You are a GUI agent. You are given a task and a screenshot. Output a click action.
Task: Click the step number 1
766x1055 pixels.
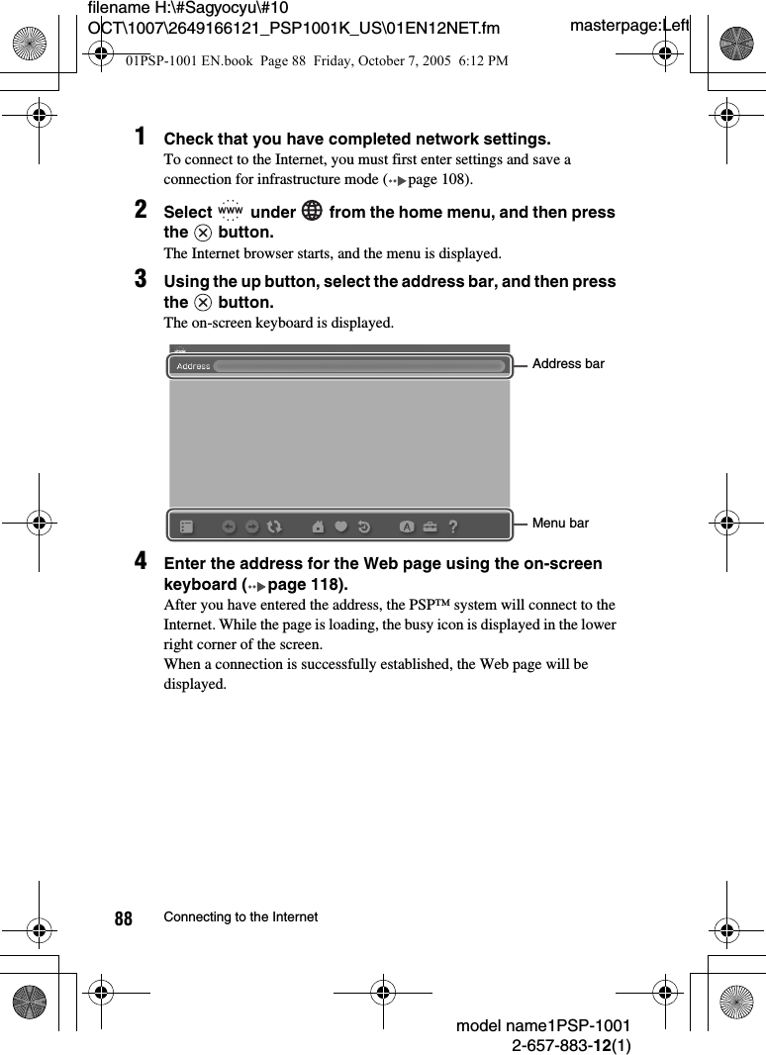tap(143, 136)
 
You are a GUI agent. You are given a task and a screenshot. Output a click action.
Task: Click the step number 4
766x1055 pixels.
tap(143, 561)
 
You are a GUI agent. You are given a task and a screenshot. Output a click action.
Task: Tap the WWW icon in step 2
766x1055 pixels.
tap(230, 211)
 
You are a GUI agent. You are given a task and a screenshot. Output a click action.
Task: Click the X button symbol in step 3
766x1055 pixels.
tap(203, 302)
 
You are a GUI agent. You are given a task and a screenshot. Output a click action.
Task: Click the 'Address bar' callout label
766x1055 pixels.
tap(568, 364)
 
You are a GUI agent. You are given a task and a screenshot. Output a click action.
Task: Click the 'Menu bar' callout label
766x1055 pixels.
tap(560, 523)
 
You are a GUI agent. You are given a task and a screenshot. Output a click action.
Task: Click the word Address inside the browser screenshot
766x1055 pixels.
tap(193, 366)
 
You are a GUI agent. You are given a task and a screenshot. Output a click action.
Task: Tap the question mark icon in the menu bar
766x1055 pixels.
tap(453, 527)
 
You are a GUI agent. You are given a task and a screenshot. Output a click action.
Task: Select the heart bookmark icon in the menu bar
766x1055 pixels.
tap(341, 527)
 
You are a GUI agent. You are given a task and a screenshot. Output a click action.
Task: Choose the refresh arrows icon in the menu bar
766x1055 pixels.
tap(274, 527)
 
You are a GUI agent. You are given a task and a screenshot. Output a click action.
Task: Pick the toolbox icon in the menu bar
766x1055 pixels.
tap(430, 527)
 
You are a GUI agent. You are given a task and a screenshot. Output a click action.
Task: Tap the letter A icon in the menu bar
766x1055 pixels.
tap(406, 527)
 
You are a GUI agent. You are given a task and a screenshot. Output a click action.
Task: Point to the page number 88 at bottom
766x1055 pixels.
tap(123, 919)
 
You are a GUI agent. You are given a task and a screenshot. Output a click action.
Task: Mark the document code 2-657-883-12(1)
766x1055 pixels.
tap(571, 1045)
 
